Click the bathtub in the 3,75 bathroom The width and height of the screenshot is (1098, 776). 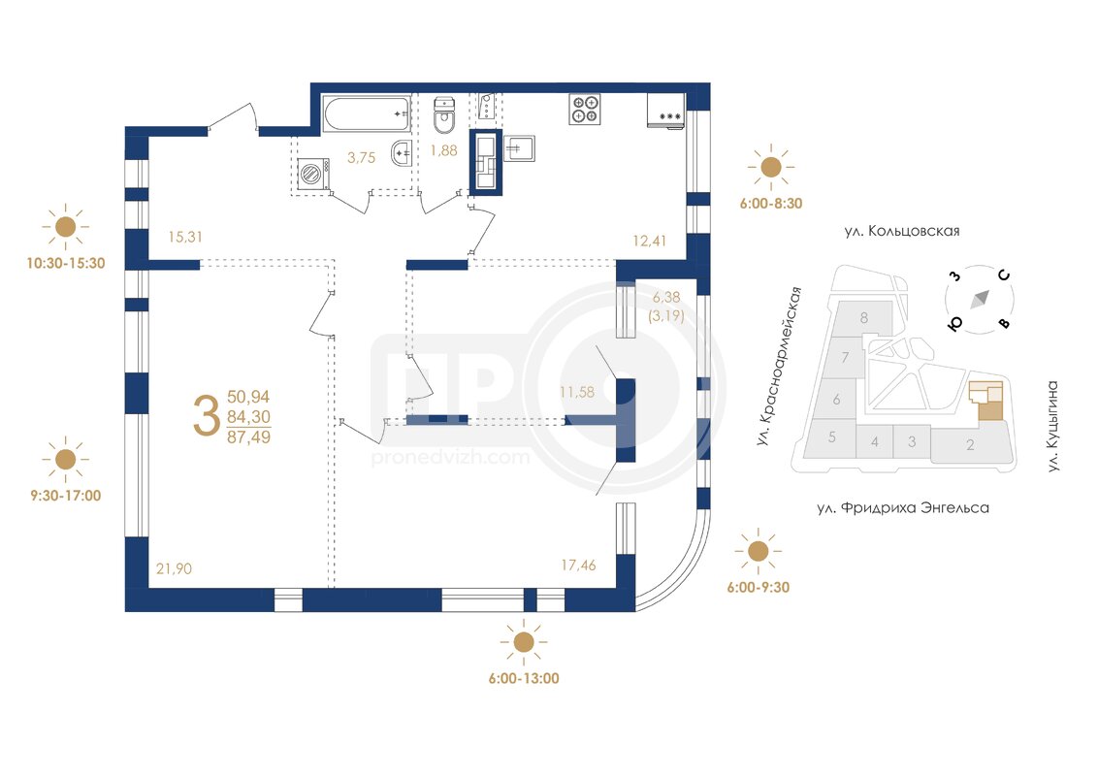[x=367, y=113]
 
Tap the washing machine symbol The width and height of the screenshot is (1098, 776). [x=313, y=174]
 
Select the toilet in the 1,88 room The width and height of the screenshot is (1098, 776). [x=444, y=116]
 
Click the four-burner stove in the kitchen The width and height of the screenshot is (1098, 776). [x=585, y=110]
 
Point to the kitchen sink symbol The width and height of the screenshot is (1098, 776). [x=518, y=148]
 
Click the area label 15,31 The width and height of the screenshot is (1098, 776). [x=185, y=237]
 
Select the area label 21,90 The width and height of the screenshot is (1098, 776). [x=174, y=568]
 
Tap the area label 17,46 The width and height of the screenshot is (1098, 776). [x=578, y=565]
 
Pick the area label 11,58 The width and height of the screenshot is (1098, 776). [x=577, y=392]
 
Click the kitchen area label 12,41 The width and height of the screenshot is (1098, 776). [x=649, y=241]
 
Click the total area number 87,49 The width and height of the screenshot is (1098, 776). [x=248, y=437]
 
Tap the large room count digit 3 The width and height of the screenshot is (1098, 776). [x=206, y=416]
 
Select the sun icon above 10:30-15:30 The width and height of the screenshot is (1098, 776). [x=65, y=227]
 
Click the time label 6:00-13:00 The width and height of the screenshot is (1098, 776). [x=524, y=678]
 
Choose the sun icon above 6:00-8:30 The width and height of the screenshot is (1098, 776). [x=770, y=168]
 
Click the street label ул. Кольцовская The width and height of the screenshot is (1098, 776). [x=902, y=231]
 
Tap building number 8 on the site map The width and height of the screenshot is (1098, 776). [x=864, y=318]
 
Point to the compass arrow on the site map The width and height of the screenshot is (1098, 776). [x=980, y=299]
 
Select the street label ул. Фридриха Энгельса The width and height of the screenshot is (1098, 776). [x=903, y=507]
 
